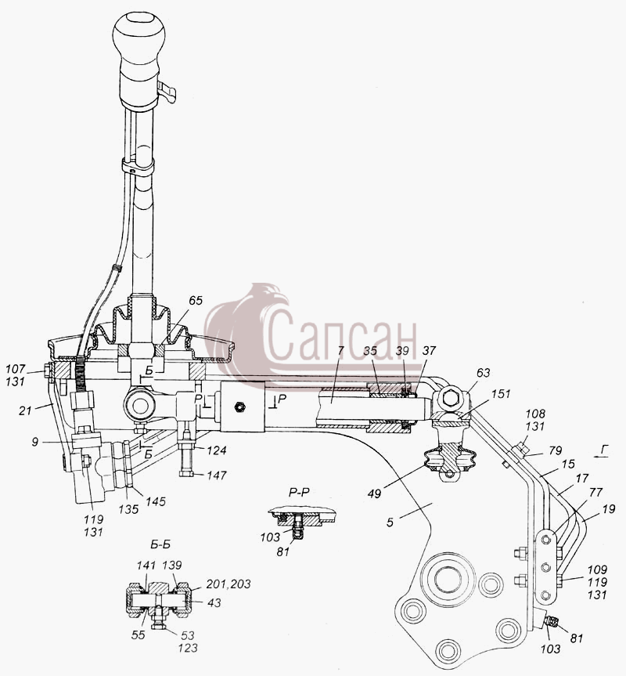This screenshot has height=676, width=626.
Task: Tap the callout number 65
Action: [195, 301]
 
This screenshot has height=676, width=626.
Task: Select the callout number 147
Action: [216, 475]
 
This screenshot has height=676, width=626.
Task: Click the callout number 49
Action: [375, 493]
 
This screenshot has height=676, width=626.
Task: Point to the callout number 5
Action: [390, 522]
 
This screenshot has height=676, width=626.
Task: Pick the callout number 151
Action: [501, 393]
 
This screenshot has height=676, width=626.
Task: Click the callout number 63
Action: [483, 373]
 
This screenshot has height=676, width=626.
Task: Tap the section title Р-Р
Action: [299, 492]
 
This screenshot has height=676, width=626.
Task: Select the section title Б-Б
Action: [160, 544]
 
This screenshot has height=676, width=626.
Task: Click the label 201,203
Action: [228, 584]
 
